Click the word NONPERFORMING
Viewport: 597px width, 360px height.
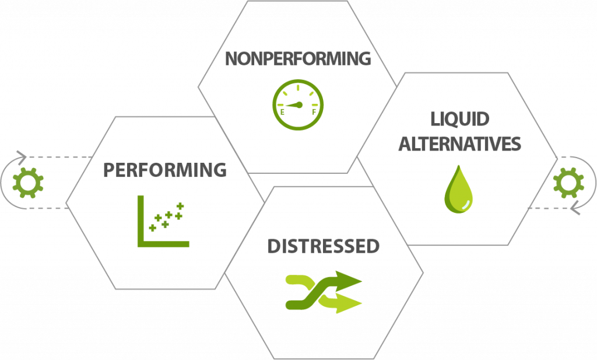[x=297, y=59]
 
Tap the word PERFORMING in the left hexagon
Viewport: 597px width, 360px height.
[x=165, y=170]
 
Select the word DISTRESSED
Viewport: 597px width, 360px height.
[x=324, y=246]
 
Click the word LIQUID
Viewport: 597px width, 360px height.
[x=460, y=120]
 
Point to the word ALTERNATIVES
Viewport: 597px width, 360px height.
[x=459, y=144]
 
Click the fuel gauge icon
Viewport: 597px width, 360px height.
[x=297, y=105]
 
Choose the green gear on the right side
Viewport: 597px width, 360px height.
[x=568, y=183]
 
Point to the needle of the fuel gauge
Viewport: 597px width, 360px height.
[x=294, y=106]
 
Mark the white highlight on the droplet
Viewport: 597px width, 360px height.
[x=463, y=202]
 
